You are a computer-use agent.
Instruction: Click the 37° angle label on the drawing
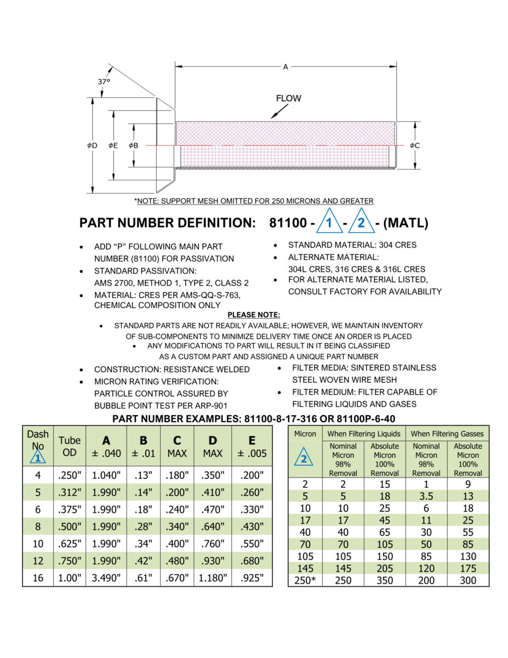coord(104,81)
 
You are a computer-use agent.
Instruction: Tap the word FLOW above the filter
coord(288,99)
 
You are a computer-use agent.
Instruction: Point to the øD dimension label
coord(92,145)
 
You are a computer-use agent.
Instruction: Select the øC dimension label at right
coord(414,145)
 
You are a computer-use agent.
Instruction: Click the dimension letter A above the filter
coord(286,67)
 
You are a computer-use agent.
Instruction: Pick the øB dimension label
coord(134,145)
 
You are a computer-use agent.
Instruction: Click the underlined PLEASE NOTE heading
coord(254,315)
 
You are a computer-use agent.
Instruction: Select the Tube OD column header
coord(70,446)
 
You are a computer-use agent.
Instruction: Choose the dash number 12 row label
coord(38,560)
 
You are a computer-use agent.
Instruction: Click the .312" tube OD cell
coord(70,492)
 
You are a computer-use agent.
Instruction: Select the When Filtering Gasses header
coord(447,434)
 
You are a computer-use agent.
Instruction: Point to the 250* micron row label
coord(305,580)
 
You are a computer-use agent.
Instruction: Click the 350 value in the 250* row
coord(385,580)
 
